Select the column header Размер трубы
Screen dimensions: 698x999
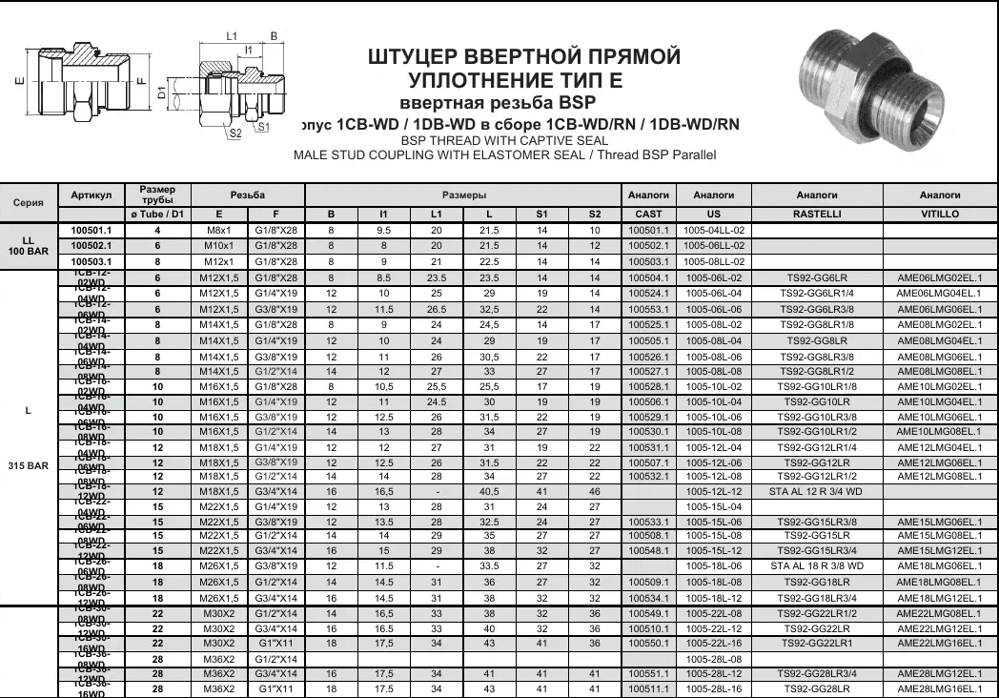tap(157, 194)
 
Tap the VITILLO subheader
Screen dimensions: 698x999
tap(940, 215)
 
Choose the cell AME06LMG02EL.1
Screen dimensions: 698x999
tap(940, 277)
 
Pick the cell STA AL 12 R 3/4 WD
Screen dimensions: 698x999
tap(816, 491)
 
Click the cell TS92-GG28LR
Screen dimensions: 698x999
tap(816, 688)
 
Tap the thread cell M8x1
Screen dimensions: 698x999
tap(219, 230)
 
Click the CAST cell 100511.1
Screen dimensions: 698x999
tap(648, 688)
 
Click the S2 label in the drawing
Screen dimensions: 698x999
tap(234, 133)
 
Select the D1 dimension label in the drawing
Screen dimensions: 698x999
tap(162, 92)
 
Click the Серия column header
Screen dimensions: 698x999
tap(28, 202)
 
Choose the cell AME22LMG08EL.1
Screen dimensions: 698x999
tap(940, 627)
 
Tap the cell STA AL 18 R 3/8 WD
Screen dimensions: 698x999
tap(816, 565)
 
